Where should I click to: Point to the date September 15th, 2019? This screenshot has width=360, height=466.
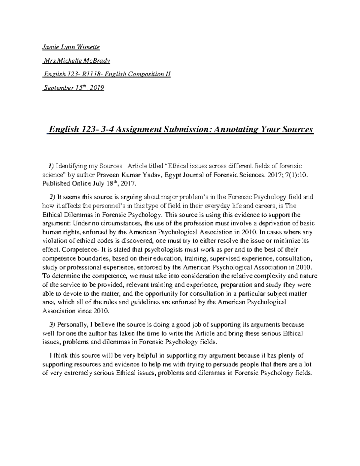74,88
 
